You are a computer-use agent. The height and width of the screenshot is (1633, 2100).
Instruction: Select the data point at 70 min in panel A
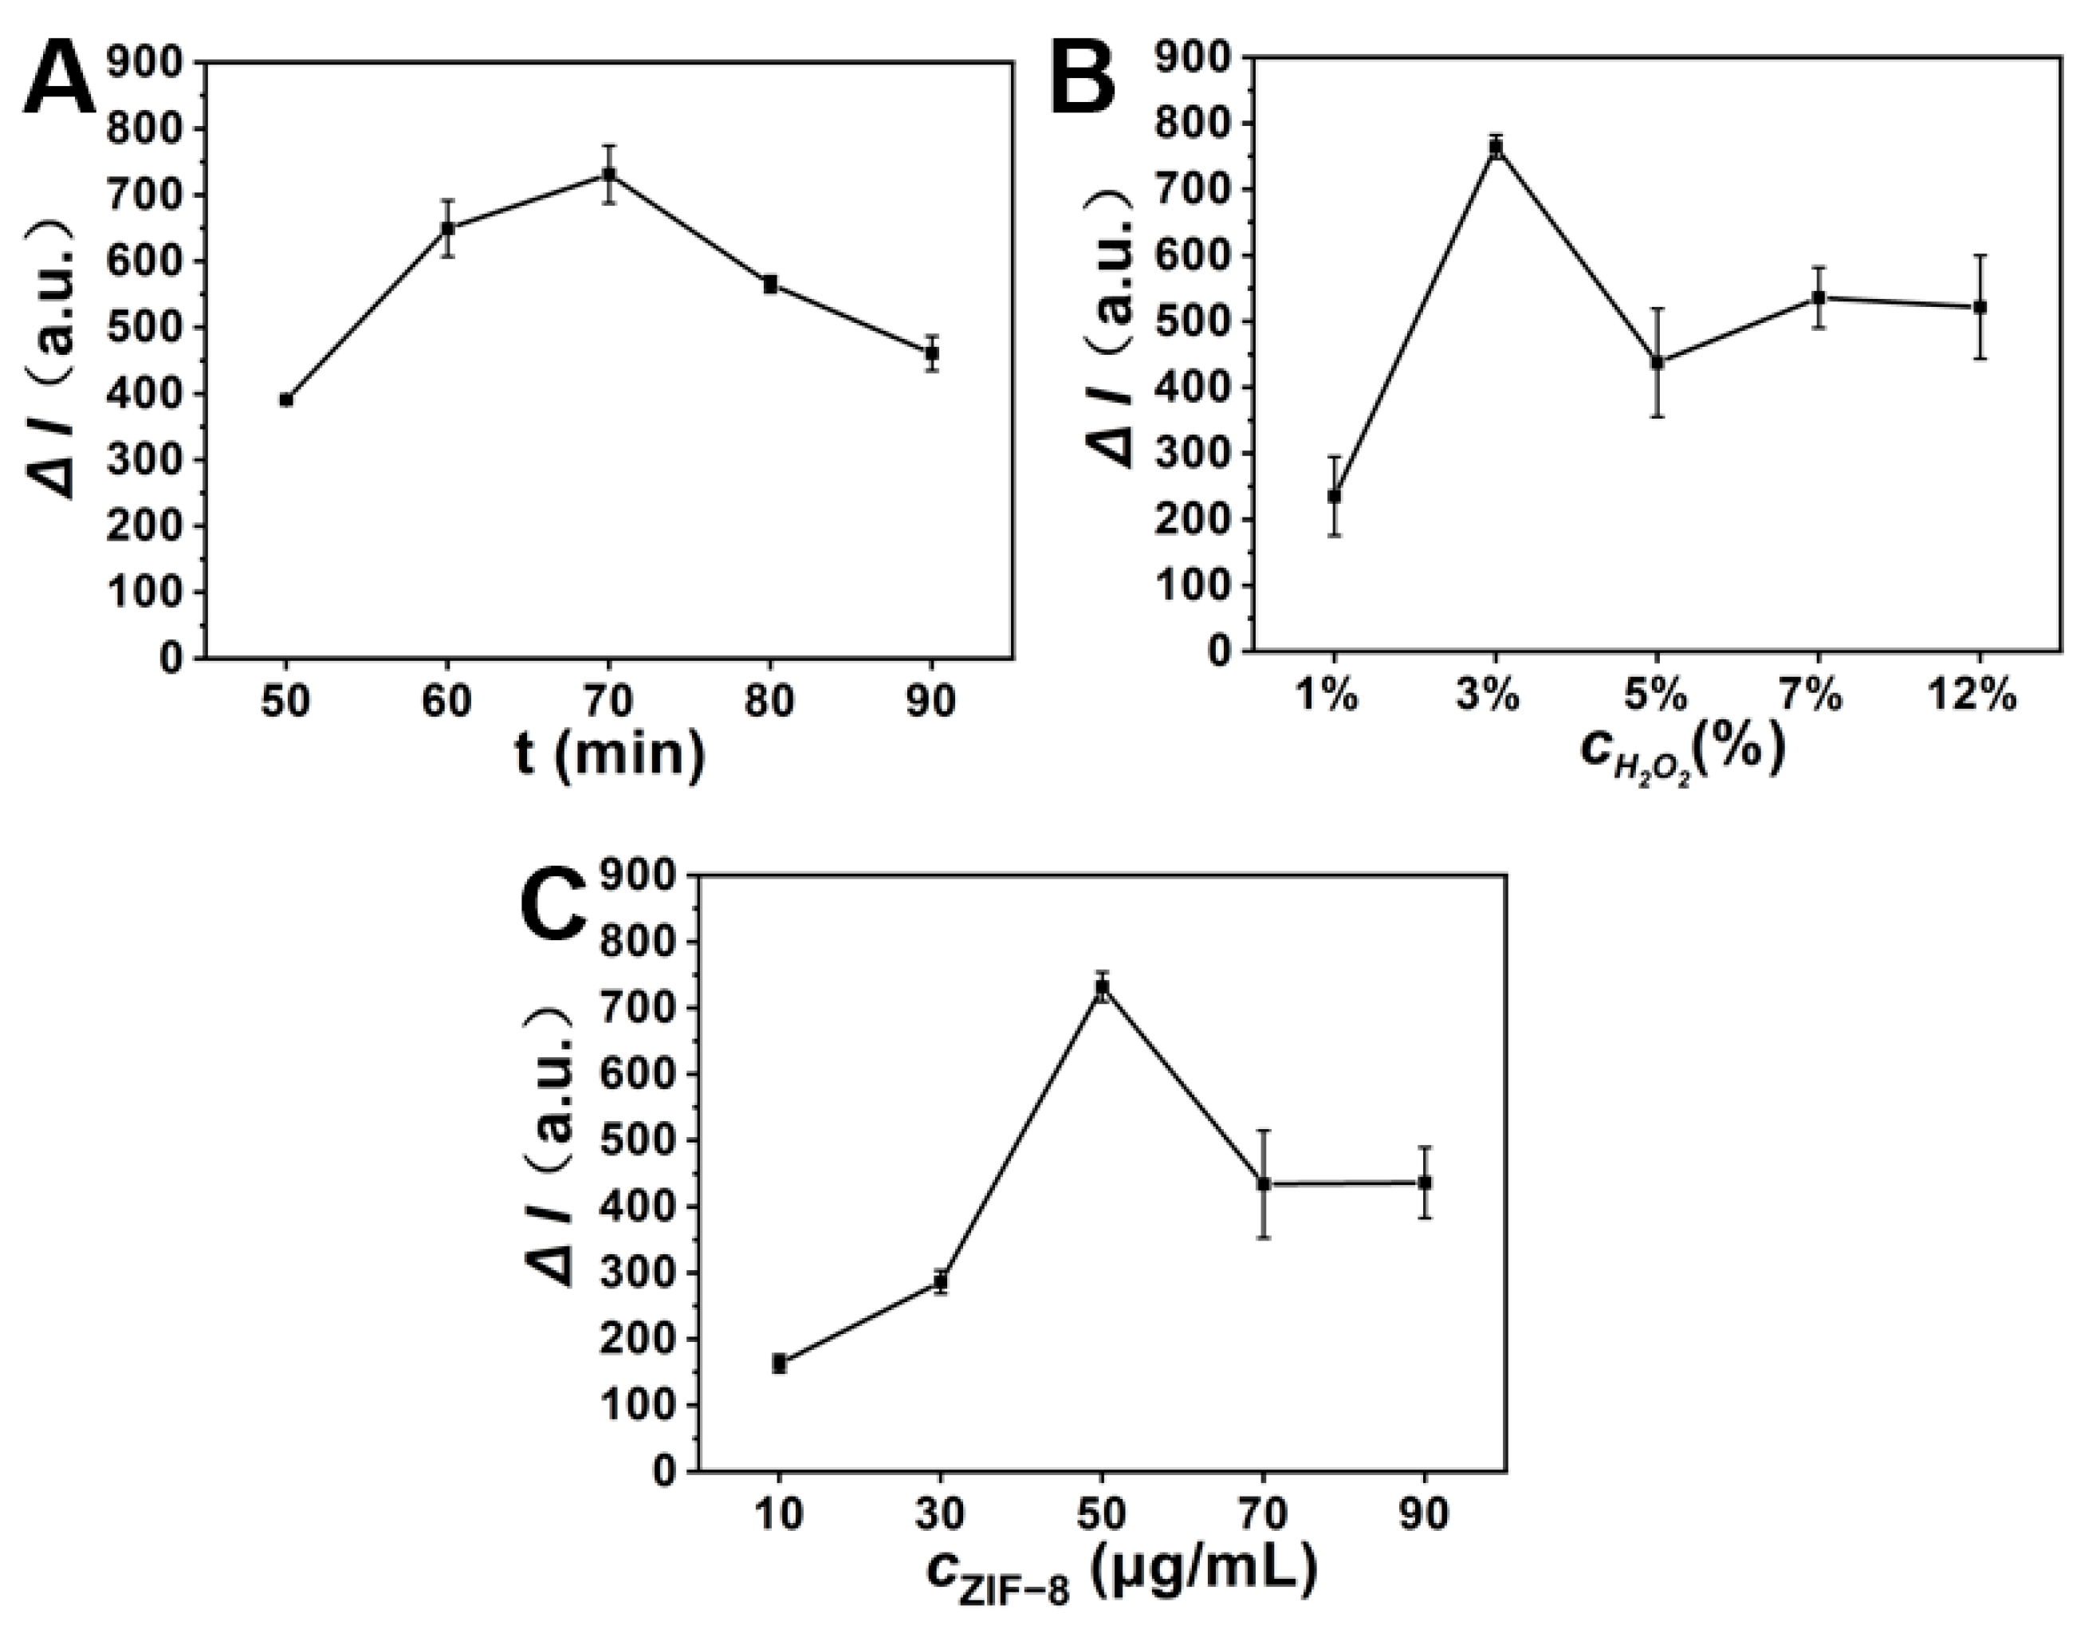(608, 174)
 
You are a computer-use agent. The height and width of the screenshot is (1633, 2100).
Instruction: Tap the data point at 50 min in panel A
(285, 399)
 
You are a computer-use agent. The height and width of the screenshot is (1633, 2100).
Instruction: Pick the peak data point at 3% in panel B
(1495, 146)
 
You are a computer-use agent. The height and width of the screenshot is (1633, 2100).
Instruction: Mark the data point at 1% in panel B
(1334, 496)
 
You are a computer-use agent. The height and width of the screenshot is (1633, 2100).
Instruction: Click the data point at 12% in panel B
(1980, 307)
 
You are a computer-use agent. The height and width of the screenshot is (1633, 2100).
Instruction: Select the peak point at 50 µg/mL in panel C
(1102, 988)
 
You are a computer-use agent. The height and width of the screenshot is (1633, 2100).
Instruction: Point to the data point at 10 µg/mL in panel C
(779, 1363)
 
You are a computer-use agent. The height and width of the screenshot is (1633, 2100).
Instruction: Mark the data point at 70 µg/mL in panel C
(1264, 1184)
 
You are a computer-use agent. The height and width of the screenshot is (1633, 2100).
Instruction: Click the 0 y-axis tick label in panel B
(1217, 652)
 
